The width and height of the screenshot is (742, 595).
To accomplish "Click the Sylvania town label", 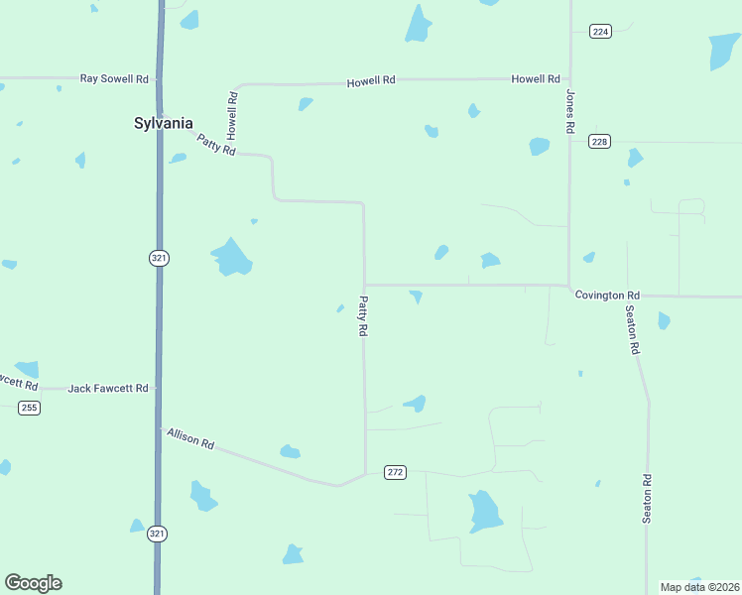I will [x=164, y=123].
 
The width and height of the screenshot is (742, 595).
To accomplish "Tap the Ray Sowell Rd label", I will [x=114, y=77].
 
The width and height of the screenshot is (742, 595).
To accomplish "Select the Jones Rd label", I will [x=570, y=112].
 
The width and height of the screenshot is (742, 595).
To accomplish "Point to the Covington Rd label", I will [x=606, y=296].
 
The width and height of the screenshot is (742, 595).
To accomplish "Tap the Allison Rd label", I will [x=190, y=438].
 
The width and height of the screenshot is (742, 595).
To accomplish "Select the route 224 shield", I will [x=599, y=32].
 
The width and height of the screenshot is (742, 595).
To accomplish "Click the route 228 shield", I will [x=599, y=142].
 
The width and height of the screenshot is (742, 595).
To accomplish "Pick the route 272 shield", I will [x=396, y=472].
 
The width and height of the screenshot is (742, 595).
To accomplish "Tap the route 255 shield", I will [x=29, y=408].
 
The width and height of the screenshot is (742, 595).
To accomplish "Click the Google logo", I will [x=33, y=583].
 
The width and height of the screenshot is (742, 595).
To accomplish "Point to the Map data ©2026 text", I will [x=699, y=587].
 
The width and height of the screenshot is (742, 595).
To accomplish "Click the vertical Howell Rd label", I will [x=232, y=114].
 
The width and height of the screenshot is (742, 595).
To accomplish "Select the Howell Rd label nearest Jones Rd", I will [x=536, y=78].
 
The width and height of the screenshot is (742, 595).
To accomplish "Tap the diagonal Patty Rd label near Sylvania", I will [x=216, y=145].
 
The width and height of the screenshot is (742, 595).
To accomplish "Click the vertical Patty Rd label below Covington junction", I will [x=364, y=317].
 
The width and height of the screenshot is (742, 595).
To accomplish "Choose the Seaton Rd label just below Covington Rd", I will [x=632, y=330].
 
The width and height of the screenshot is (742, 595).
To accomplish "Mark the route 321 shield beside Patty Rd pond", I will [x=159, y=258].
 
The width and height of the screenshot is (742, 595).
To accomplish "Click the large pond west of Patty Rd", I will [x=232, y=258].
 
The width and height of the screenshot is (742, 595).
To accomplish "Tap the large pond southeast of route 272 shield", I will [x=485, y=512].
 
